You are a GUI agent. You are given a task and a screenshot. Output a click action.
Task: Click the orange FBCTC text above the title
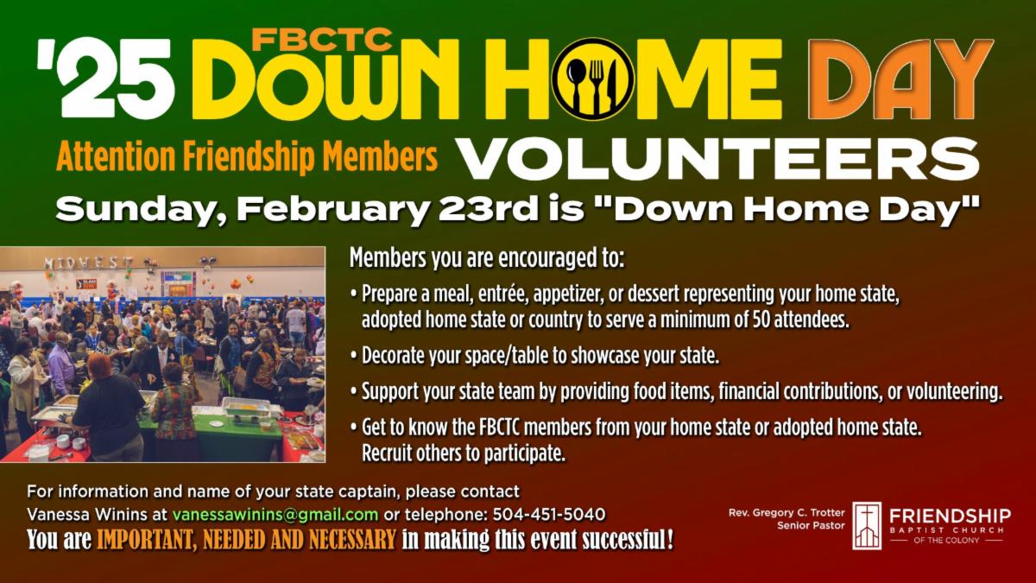[323, 41]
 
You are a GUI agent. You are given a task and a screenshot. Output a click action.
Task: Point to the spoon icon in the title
[577, 85]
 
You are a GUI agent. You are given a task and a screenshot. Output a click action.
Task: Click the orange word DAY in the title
[901, 79]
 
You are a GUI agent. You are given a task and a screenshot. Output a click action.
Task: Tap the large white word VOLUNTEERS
[718, 157]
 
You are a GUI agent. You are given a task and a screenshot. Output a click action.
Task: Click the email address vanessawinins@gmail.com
[275, 515]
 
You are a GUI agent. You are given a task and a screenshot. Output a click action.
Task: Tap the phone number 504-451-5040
[549, 515]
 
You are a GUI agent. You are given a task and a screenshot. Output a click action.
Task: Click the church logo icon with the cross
[867, 526]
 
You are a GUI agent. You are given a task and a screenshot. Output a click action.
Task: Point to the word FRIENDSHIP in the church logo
[950, 516]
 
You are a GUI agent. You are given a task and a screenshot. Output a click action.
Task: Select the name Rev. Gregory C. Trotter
[786, 513]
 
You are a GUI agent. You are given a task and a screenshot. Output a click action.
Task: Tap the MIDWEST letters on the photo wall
[88, 263]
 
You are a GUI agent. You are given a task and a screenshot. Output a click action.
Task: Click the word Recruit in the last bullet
[386, 453]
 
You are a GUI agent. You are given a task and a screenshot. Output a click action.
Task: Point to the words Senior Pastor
[811, 526]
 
